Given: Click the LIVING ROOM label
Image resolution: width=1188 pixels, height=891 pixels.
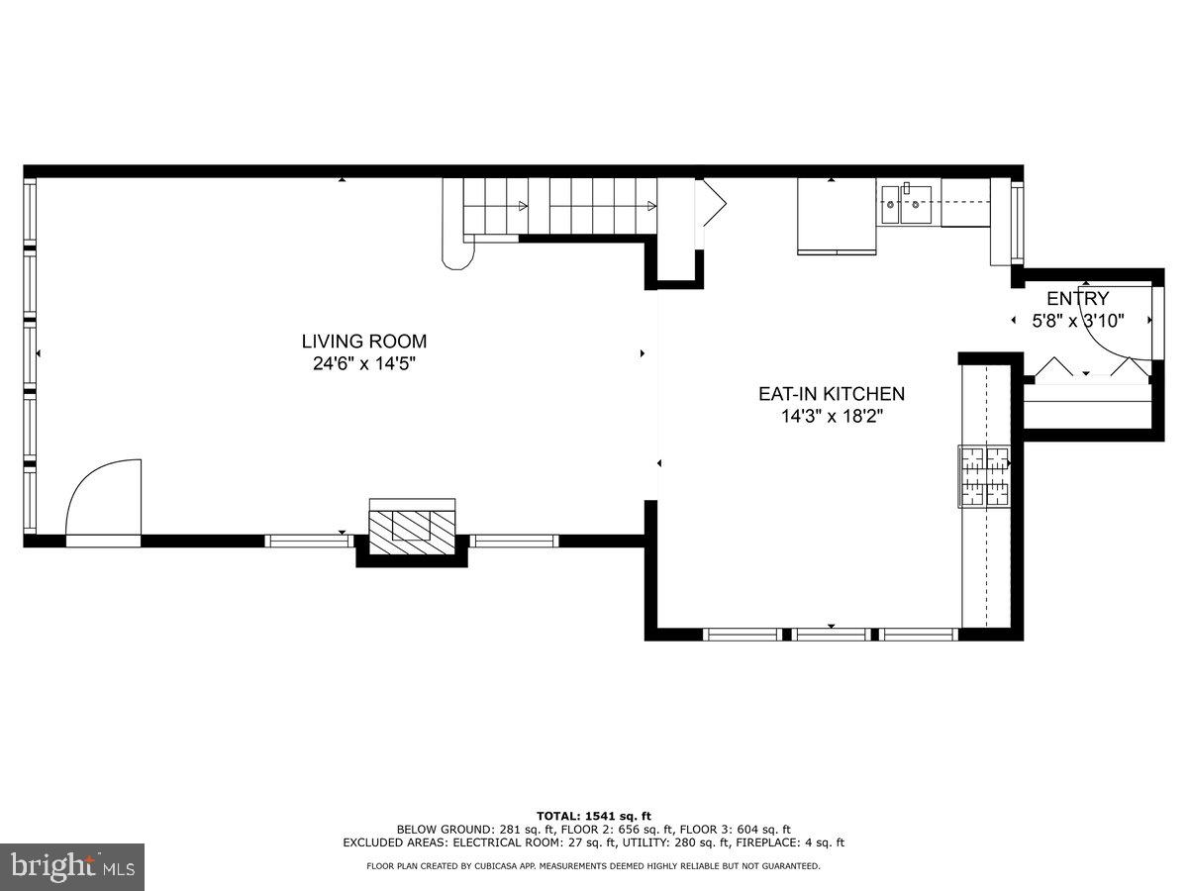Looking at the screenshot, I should (x=364, y=342).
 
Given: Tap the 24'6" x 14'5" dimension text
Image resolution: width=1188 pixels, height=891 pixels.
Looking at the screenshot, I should (x=364, y=363).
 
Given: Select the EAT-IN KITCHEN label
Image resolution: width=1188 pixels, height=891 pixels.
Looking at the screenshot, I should (x=832, y=394).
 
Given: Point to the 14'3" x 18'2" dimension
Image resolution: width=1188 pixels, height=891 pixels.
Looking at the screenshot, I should (x=832, y=416).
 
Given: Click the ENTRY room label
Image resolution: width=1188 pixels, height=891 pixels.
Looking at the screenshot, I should (x=1077, y=299).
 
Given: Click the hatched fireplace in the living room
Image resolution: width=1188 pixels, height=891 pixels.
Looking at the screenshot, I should (x=412, y=523).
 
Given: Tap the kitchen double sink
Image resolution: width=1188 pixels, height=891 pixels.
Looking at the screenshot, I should (x=906, y=204).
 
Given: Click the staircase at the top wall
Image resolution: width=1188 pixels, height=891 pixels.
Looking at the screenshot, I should (x=554, y=206).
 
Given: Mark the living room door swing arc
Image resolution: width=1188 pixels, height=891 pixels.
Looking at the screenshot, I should (x=103, y=497).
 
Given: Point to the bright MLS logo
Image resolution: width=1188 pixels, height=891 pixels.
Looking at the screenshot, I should (x=72, y=867).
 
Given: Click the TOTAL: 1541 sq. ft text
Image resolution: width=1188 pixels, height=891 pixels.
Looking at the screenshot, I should (x=593, y=815).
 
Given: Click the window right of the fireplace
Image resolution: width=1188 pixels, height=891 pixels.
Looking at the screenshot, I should (x=514, y=541).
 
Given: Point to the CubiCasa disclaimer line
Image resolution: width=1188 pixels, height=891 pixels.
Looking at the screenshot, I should (x=593, y=866).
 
